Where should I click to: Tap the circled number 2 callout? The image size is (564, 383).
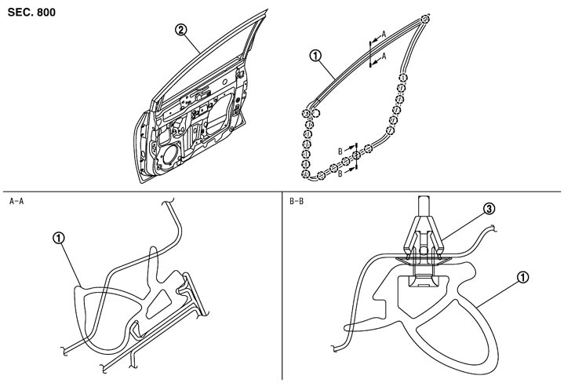point(180,31)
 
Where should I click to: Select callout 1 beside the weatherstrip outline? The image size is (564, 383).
point(315,56)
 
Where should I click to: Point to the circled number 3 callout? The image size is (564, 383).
point(489,209)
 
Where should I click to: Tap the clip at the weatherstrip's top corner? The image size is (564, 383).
point(424,20)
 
